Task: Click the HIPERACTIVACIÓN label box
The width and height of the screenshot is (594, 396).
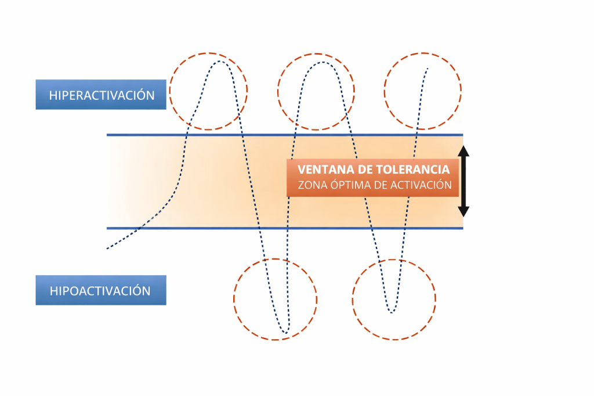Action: click(x=101, y=94)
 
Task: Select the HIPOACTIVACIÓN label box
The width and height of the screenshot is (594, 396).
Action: click(x=101, y=290)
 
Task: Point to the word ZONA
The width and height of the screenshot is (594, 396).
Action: click(x=311, y=186)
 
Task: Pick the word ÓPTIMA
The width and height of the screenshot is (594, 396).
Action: click(x=352, y=186)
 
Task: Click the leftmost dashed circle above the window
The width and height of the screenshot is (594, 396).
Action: click(x=208, y=91)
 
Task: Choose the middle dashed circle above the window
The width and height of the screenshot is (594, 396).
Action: click(x=316, y=91)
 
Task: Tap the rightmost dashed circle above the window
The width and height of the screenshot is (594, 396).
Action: click(x=422, y=91)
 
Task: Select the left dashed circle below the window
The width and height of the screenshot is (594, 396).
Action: click(x=275, y=299)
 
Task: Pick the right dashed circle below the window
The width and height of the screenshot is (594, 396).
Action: click(x=394, y=299)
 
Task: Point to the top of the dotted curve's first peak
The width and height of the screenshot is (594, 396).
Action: click(x=220, y=61)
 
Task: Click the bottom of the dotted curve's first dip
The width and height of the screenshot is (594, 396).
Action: click(x=285, y=333)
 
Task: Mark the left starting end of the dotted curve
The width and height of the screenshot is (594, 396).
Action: click(x=107, y=249)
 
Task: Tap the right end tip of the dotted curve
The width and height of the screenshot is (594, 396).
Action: click(x=428, y=69)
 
